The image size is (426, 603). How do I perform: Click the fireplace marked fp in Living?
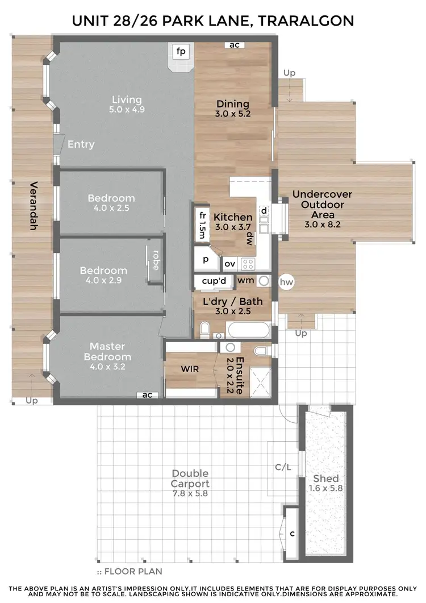click(181, 52)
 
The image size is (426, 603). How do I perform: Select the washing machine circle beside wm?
click(264, 280)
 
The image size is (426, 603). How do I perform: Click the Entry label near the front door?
click(81, 144)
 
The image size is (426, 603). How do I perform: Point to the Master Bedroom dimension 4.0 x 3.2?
click(107, 367)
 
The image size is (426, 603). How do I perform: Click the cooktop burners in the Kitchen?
click(248, 263)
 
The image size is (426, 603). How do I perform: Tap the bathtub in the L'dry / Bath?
click(249, 330)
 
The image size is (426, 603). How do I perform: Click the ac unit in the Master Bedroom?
click(147, 394)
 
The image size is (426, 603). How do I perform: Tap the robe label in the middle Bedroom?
click(155, 260)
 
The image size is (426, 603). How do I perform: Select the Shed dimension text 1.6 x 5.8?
click(325, 488)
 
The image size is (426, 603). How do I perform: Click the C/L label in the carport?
click(282, 468)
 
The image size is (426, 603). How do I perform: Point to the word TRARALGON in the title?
click(307, 21)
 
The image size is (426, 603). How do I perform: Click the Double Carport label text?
click(190, 479)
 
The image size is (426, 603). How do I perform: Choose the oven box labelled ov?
click(229, 264)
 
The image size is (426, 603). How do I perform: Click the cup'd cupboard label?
click(214, 281)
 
